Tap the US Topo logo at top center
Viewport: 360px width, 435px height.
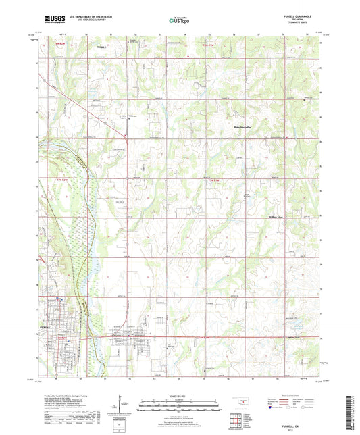[179, 20]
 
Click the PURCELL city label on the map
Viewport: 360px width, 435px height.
[40, 326]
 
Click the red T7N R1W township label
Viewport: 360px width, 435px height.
[214, 180]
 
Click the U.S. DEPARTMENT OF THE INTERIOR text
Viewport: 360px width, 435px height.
[81, 17]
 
